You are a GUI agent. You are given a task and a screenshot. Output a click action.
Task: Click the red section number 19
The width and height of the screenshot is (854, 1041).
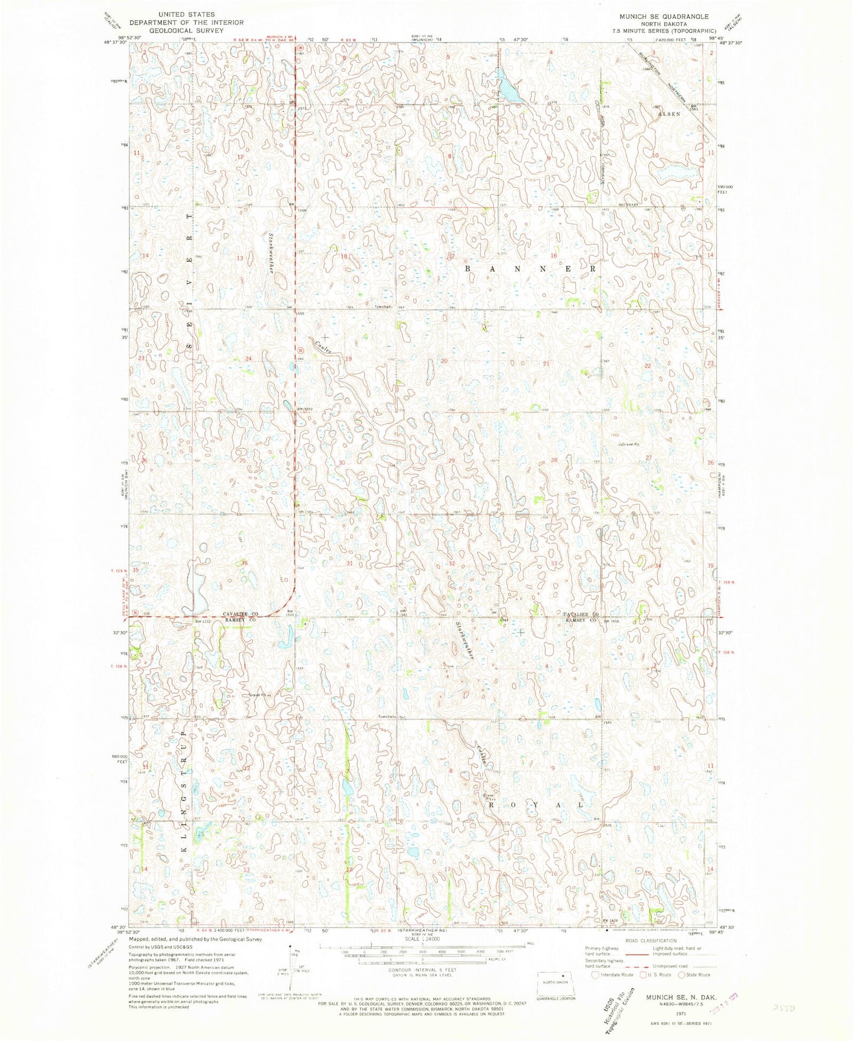click(348, 359)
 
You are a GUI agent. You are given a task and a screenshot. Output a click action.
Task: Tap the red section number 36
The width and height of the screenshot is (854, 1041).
click(244, 563)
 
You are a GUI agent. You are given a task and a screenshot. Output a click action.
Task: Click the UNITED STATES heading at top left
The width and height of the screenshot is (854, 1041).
click(182, 14)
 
